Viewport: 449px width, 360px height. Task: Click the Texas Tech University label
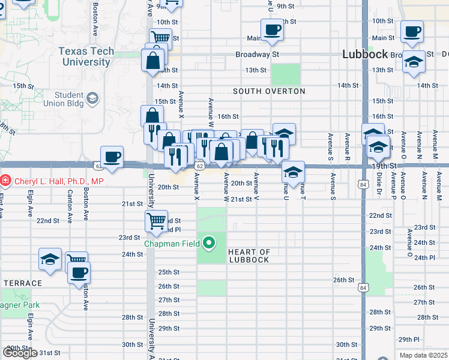[x=86, y=56]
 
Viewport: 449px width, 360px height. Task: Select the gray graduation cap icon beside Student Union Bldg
[x=92, y=97]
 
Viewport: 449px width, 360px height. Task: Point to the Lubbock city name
[x=365, y=54]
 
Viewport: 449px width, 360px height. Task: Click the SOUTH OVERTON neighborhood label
[x=269, y=91]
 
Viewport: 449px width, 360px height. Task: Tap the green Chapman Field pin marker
[x=209, y=243]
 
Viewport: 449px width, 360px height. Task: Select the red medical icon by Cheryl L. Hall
[x=5, y=179]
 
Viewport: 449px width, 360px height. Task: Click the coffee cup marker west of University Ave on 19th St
[x=112, y=157]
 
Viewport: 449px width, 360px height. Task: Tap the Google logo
[x=20, y=353]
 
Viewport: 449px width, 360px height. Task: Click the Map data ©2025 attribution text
[x=424, y=355]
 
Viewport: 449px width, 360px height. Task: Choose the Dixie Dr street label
[x=379, y=184]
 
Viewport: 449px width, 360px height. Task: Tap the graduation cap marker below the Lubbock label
[x=414, y=62]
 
